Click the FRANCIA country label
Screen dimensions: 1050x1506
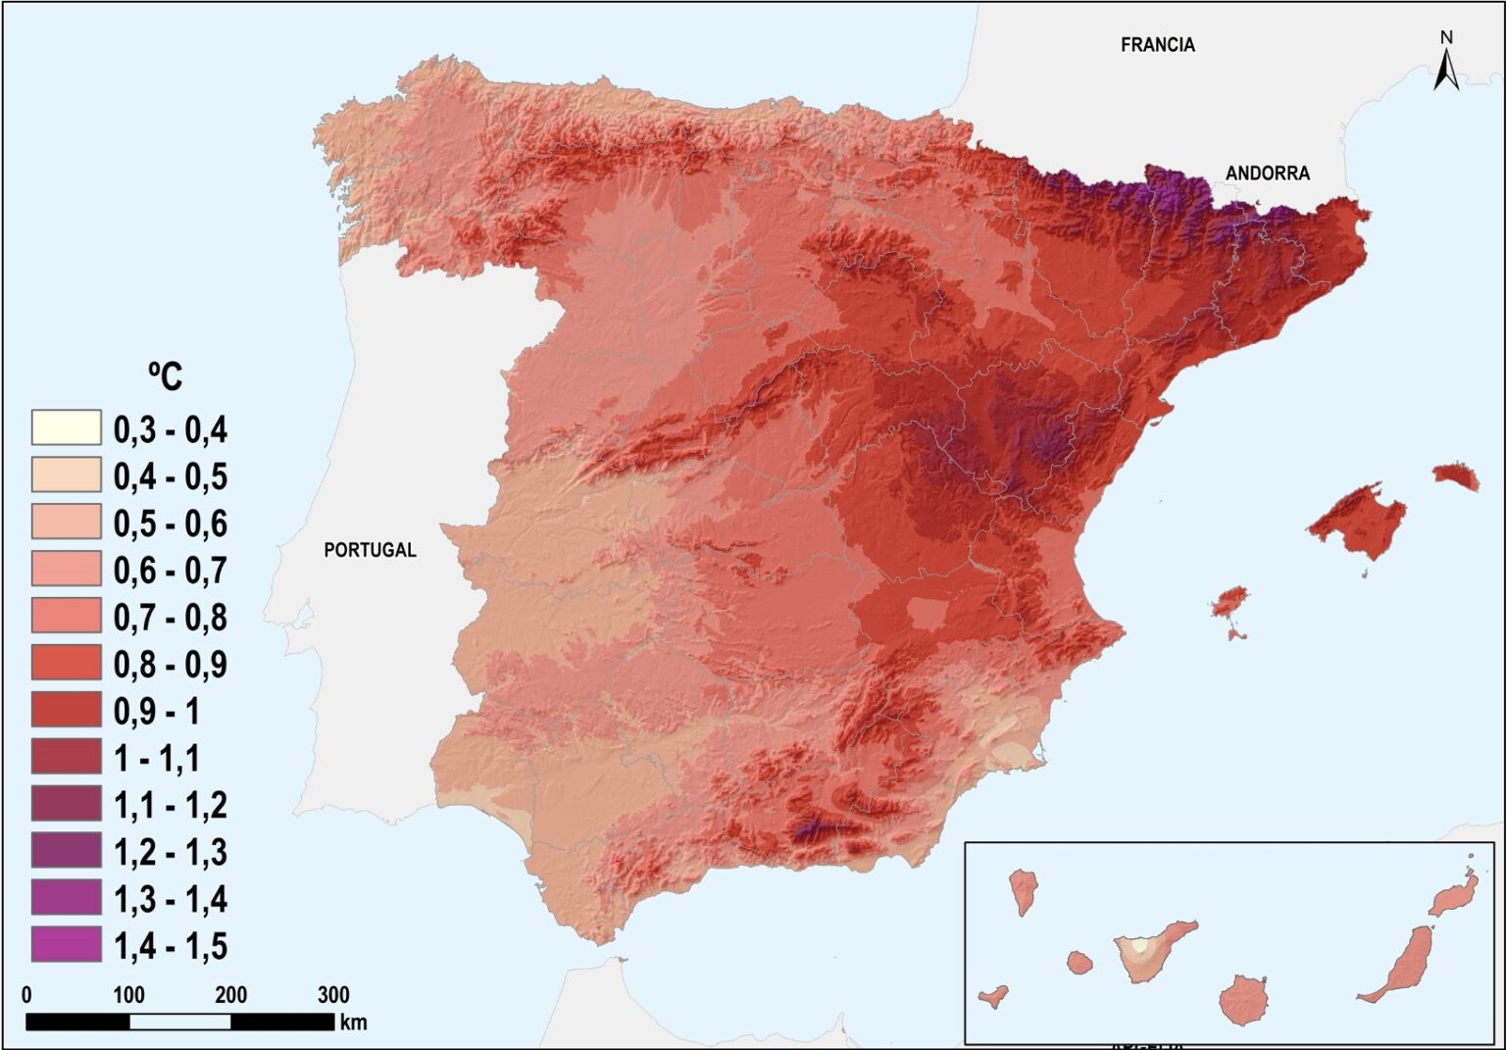(1157, 45)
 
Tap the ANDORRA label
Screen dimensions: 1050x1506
(1267, 174)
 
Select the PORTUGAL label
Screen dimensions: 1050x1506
(370, 550)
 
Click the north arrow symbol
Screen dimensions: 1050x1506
(1446, 63)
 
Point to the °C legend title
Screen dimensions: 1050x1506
(165, 375)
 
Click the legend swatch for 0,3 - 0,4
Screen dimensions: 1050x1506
(66, 428)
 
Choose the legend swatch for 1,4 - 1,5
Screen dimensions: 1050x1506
(66, 945)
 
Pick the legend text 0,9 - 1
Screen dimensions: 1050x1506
(157, 712)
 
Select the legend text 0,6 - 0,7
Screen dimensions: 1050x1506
(170, 571)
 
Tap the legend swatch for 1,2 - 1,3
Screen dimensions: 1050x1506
(66, 851)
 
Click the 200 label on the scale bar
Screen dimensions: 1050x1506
(230, 995)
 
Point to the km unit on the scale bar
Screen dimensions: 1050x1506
(354, 1023)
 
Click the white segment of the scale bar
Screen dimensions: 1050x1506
(179, 1022)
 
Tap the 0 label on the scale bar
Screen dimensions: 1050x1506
(26, 995)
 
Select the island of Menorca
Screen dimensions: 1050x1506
(1456, 476)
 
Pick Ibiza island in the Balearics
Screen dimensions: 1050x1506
(1230, 603)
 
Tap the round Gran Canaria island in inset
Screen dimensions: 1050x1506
(1244, 1000)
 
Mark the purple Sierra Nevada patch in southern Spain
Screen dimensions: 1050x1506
(810, 831)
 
